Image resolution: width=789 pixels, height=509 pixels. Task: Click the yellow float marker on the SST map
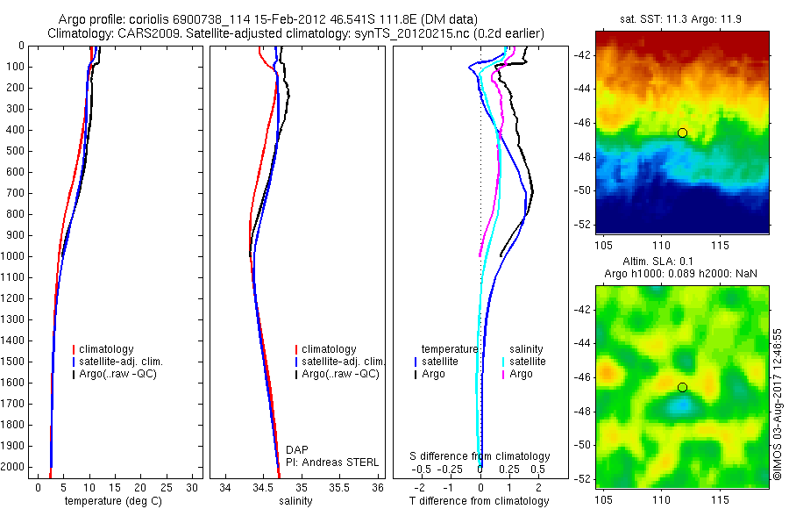pyautogui.click(x=682, y=133)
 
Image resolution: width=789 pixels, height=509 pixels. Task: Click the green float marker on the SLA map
pyautogui.click(x=682, y=387)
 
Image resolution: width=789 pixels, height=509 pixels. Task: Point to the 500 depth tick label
pyautogui.click(x=14, y=151)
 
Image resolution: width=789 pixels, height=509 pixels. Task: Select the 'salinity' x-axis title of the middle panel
pyautogui.click(x=295, y=501)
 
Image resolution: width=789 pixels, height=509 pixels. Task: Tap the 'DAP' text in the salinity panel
pyautogui.click(x=297, y=449)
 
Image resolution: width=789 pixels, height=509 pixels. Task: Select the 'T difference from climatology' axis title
pyautogui.click(x=479, y=501)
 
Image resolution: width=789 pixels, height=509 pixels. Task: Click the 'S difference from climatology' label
pyautogui.click(x=480, y=456)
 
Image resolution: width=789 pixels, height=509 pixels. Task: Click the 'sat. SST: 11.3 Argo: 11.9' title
pyautogui.click(x=682, y=20)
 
